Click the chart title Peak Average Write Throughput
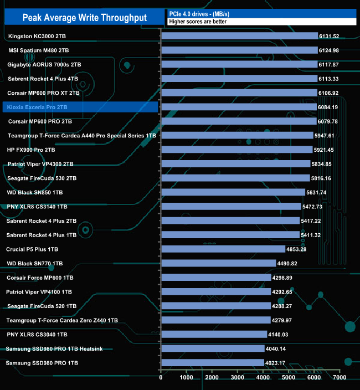pyautogui.click(x=84, y=18)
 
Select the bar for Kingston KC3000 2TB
pyautogui.click(x=239, y=36)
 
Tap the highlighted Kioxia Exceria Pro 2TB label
pyautogui.click(x=38, y=107)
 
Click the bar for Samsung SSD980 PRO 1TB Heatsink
pyautogui.click(x=212, y=348)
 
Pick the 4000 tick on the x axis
pyautogui.click(x=263, y=377)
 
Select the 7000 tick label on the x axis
pyautogui.click(x=339, y=377)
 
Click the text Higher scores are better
pyautogui.click(x=198, y=22)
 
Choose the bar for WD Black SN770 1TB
pyautogui.click(x=218, y=263)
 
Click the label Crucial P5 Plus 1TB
pyautogui.click(x=32, y=249)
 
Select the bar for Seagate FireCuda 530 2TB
pyautogui.click(x=235, y=178)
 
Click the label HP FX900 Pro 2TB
pyautogui.click(x=31, y=150)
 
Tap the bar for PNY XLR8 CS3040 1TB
pyautogui.click(x=214, y=334)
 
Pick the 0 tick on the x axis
pyautogui.click(x=161, y=377)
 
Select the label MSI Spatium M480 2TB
pyautogui.click(x=39, y=50)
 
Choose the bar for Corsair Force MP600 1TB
pyautogui.click(x=215, y=278)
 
